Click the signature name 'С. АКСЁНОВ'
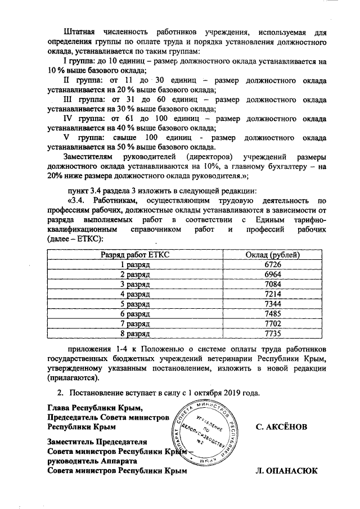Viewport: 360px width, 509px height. [281, 427]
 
